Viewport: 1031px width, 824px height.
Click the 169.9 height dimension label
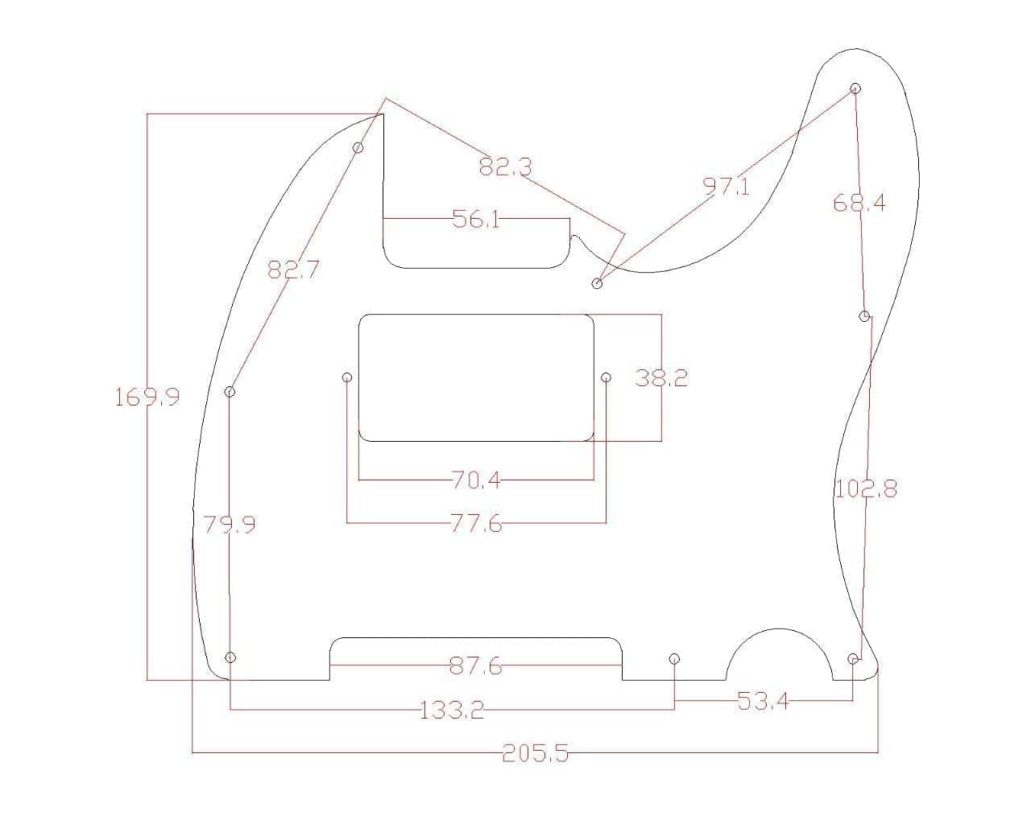pyautogui.click(x=147, y=397)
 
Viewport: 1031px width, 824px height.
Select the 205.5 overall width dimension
pyautogui.click(x=535, y=754)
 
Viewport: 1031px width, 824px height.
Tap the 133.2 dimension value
pyautogui.click(x=452, y=711)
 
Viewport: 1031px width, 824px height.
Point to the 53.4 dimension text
pyautogui.click(x=763, y=702)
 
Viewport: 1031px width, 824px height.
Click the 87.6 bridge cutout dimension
pyautogui.click(x=475, y=666)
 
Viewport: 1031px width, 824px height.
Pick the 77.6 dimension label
pyautogui.click(x=476, y=525)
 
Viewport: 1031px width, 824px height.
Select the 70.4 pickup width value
pyautogui.click(x=476, y=481)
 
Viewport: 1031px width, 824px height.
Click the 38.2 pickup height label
pyautogui.click(x=661, y=378)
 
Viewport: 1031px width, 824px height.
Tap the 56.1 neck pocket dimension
pyautogui.click(x=476, y=219)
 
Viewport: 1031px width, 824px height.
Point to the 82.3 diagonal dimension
pyautogui.click(x=505, y=167)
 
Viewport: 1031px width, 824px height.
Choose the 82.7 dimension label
pyautogui.click(x=293, y=270)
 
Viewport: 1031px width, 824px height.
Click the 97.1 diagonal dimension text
pyautogui.click(x=727, y=187)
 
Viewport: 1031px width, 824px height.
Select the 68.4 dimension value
pyautogui.click(x=859, y=204)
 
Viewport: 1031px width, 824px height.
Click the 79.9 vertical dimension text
pyautogui.click(x=230, y=525)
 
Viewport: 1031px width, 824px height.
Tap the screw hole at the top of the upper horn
pyautogui.click(x=855, y=89)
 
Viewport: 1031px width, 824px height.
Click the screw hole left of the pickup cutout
pyautogui.click(x=347, y=377)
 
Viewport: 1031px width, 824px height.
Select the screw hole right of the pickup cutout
pyautogui.click(x=607, y=377)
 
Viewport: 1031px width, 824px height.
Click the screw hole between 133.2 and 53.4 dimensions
pyautogui.click(x=674, y=659)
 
